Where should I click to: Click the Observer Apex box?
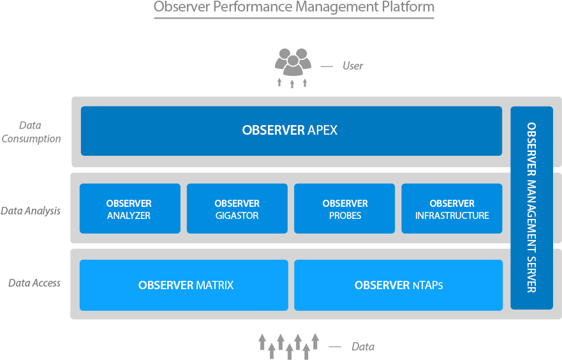[x=291, y=131]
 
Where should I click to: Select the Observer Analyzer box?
[x=129, y=209]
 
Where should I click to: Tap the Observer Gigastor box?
[x=237, y=209]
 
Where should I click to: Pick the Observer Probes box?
[x=344, y=209]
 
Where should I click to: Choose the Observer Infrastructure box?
[x=452, y=209]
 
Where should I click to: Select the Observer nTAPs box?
[x=398, y=285]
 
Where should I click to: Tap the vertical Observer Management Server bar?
[x=531, y=207]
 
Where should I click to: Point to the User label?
[x=353, y=66]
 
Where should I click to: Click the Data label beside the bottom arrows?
[x=362, y=347]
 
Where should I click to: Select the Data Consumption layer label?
[x=32, y=132]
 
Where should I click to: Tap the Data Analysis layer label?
[x=31, y=211]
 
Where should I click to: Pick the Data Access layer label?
[x=34, y=283]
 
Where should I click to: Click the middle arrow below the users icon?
[x=292, y=83]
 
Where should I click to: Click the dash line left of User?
[x=327, y=66]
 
